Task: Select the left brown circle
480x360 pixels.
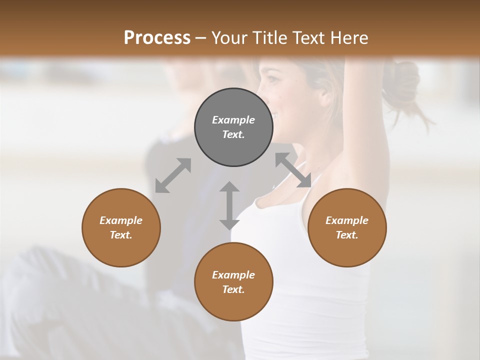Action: [121, 227]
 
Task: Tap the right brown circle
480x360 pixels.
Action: [347, 227]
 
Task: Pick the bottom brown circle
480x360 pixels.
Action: [233, 281]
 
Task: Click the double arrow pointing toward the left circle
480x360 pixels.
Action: [173, 175]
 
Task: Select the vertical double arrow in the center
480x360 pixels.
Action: [229, 205]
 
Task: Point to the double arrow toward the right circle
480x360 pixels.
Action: [293, 170]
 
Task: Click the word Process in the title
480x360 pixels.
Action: [157, 37]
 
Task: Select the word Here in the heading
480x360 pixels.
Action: [349, 37]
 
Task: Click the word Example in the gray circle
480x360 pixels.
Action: [233, 120]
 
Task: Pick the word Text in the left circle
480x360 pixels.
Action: [121, 235]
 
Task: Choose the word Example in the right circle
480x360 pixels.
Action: [347, 220]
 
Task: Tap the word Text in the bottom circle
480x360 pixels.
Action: [233, 289]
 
